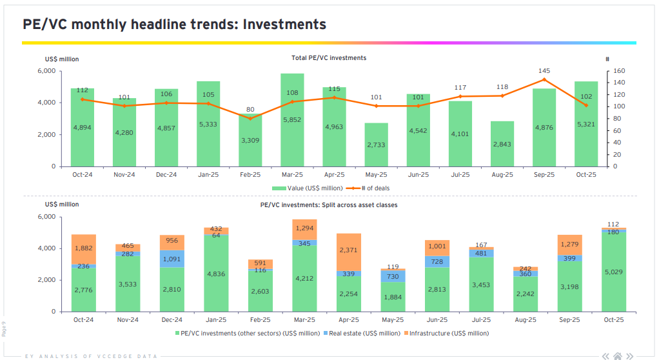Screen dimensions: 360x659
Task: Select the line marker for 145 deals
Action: pos(544,79)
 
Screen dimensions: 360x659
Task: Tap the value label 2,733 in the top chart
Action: pos(377,145)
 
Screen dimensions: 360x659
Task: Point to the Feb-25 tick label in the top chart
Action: pos(250,175)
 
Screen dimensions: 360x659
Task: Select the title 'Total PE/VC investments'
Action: pos(328,58)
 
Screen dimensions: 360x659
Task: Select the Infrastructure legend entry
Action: pos(447,334)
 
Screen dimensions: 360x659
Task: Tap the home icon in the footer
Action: pos(618,355)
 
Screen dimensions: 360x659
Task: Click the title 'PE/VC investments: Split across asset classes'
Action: pos(328,205)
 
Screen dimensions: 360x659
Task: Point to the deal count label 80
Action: pos(250,109)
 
